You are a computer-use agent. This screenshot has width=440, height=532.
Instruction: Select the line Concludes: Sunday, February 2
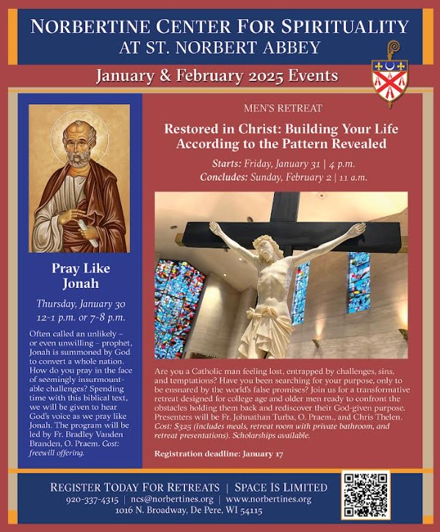click(283, 177)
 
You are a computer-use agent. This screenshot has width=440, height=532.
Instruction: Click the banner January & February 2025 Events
click(217, 76)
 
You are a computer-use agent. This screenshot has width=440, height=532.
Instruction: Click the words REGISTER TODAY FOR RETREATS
click(134, 486)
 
